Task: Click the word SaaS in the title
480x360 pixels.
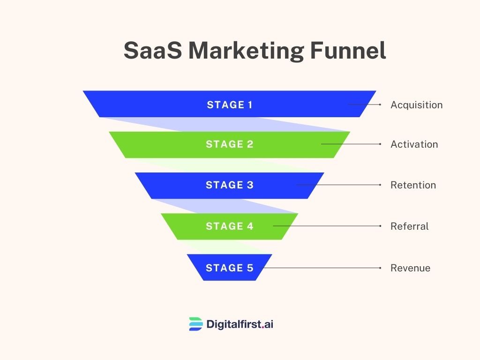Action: (x=153, y=50)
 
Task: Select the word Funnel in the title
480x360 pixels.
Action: (x=348, y=50)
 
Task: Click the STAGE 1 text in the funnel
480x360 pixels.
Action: (x=230, y=105)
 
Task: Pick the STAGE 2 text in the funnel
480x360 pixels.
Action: (x=230, y=144)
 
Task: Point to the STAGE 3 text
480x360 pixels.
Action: (x=230, y=185)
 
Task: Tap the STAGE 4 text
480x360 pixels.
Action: (x=230, y=226)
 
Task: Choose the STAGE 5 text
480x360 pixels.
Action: (x=230, y=268)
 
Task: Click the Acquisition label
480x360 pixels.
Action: (x=416, y=105)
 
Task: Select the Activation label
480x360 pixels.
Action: (x=414, y=144)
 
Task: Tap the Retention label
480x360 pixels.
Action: (x=413, y=185)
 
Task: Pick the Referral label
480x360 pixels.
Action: (x=409, y=226)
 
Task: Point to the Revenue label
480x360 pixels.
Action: (x=411, y=268)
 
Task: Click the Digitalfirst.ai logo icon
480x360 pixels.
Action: (x=196, y=324)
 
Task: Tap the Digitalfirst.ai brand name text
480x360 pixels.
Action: (x=240, y=324)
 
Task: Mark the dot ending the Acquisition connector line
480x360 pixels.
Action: (x=380, y=105)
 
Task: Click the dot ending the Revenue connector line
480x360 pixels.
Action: (x=380, y=268)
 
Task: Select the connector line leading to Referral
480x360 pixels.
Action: (x=326, y=226)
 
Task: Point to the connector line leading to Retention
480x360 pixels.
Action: (x=338, y=185)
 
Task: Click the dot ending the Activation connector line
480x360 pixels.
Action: (x=380, y=144)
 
